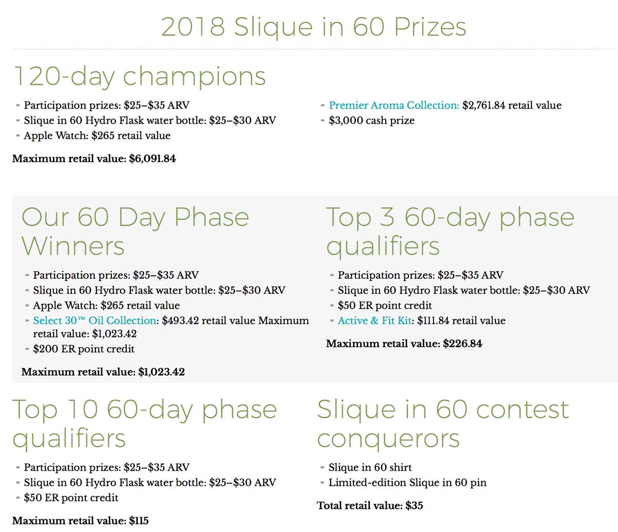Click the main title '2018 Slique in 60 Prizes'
(313, 27)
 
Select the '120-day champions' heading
(140, 77)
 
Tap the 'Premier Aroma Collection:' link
(394, 105)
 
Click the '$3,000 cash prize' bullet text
(371, 120)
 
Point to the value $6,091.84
(152, 158)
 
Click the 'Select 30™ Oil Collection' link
(94, 321)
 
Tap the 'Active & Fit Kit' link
(374, 321)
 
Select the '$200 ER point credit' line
(84, 349)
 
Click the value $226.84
(462, 344)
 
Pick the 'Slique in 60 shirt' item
(370, 467)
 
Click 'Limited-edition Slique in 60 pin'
(407, 483)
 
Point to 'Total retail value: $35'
(370, 505)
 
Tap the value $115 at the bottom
(139, 521)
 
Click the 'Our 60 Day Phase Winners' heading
(135, 232)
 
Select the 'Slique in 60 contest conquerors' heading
(443, 424)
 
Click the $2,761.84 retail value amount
(484, 105)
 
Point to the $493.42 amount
(180, 321)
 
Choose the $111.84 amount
(433, 321)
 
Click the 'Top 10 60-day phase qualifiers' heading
(145, 424)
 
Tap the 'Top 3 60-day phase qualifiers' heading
(450, 232)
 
